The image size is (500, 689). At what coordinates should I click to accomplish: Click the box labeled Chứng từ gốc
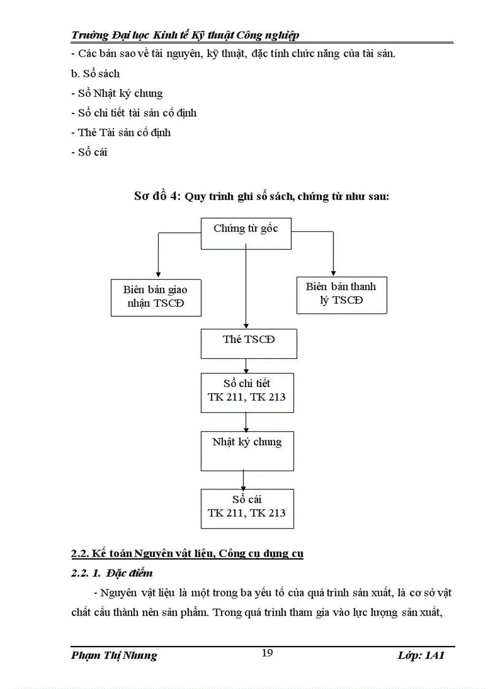coord(246,234)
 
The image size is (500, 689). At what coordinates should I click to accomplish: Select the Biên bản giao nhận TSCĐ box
coord(156,297)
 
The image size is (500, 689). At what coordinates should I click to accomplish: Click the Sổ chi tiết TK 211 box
coord(246,391)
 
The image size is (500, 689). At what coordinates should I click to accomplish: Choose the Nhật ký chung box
coord(246,450)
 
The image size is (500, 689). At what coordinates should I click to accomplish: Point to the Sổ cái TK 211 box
coord(246,508)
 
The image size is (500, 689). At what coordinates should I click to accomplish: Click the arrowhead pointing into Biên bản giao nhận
coord(158,274)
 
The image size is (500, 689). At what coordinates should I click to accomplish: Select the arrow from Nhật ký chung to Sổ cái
coord(244,480)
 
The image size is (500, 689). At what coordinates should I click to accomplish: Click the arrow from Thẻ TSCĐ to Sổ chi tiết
coord(246,366)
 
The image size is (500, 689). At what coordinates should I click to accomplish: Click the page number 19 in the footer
coord(267,653)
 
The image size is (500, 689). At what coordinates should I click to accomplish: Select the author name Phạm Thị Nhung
coord(114,655)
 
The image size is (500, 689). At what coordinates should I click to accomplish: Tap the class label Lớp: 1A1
coord(420,655)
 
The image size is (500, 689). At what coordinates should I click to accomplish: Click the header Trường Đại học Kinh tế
coord(185,35)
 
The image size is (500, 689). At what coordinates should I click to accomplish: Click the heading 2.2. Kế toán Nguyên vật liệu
coord(187,554)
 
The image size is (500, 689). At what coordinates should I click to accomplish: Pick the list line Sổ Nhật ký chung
coord(116,93)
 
